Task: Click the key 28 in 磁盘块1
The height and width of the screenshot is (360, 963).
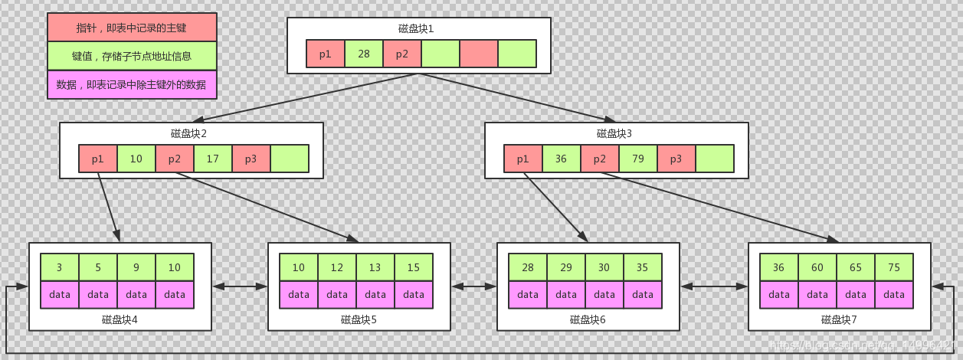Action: [x=364, y=54]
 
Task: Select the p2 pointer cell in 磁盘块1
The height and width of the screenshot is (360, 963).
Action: [x=402, y=54]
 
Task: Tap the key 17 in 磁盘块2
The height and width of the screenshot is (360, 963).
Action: [x=213, y=159]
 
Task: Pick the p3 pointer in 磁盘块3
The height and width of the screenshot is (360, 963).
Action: [x=676, y=159]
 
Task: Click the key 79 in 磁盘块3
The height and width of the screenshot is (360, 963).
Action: [x=638, y=159]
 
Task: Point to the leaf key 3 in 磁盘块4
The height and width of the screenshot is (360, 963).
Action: [x=60, y=267]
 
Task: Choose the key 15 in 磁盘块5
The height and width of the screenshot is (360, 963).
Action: [x=414, y=267]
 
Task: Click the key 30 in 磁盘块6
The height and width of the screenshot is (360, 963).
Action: [x=604, y=267]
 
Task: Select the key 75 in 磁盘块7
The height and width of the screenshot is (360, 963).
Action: [x=894, y=267]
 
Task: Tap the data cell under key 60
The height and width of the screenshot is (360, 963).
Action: [x=817, y=295]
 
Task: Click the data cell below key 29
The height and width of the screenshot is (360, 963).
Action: [x=566, y=295]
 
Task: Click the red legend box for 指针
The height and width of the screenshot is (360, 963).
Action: [x=132, y=28]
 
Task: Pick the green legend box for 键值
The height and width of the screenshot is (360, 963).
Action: [x=132, y=56]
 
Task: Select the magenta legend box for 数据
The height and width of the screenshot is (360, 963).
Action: [x=132, y=84]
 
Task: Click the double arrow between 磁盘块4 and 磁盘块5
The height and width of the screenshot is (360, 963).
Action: [x=240, y=286]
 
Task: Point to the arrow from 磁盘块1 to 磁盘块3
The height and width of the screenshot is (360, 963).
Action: [x=517, y=98]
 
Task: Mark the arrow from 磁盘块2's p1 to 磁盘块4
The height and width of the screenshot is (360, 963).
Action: [x=109, y=207]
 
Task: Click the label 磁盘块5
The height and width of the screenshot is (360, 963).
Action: [x=359, y=319]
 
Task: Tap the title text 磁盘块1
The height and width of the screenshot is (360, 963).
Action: [x=416, y=29]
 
